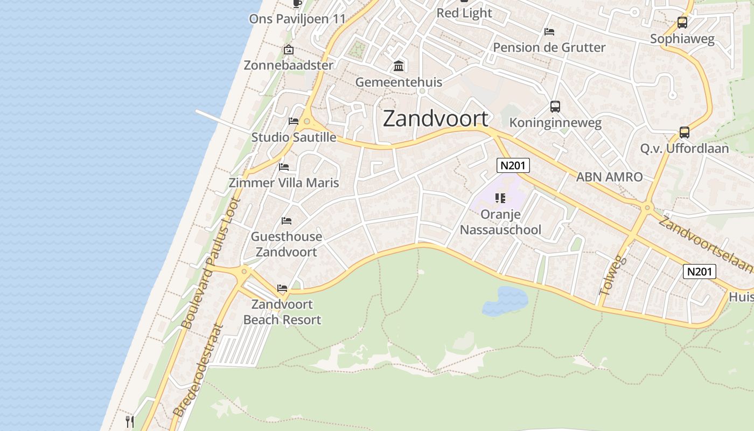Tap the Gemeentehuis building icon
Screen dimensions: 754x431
(399, 66)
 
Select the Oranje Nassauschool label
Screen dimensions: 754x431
(500, 222)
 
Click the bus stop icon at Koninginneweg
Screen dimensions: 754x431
(555, 107)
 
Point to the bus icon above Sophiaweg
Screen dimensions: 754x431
(682, 23)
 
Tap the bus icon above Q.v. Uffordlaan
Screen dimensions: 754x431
(684, 133)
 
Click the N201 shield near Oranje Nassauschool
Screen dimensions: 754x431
(513, 165)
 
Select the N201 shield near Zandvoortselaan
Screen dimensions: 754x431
(700, 272)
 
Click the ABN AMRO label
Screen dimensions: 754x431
(609, 177)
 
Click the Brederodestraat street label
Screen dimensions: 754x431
(197, 370)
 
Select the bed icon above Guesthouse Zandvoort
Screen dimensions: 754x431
(287, 221)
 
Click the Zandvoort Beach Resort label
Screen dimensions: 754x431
(282, 312)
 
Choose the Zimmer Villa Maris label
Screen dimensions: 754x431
(284, 183)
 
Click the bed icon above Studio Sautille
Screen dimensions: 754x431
(294, 121)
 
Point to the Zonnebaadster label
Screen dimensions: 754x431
(289, 65)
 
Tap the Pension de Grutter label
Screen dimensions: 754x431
(549, 47)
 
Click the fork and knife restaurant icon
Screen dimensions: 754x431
(130, 421)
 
